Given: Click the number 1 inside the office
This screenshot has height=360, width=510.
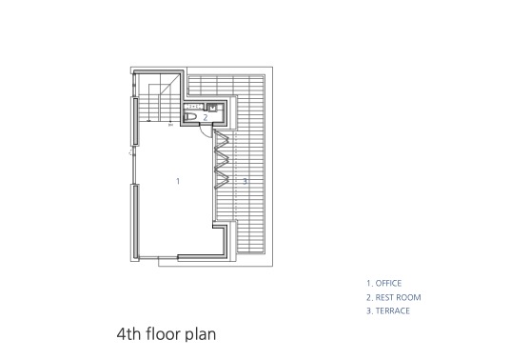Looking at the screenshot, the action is click(x=178, y=181).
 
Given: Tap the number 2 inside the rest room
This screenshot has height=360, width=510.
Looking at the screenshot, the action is click(x=206, y=117).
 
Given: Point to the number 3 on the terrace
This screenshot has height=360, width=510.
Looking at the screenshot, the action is click(x=245, y=181).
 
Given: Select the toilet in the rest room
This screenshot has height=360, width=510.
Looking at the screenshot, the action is click(x=190, y=117).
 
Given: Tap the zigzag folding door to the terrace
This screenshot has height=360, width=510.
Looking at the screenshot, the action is click(x=222, y=159).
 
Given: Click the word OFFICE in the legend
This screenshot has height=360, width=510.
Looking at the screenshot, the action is click(x=388, y=283).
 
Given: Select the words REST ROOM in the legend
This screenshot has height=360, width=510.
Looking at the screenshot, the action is click(x=398, y=297).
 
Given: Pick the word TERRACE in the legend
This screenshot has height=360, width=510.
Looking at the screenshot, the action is click(x=393, y=310).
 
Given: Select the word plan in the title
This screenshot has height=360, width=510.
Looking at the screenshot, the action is click(x=201, y=334).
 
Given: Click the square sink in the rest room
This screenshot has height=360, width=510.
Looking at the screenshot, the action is click(x=212, y=108).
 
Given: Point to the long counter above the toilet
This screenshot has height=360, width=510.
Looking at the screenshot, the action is click(x=194, y=107).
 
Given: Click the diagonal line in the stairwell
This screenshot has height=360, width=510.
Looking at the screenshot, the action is click(x=169, y=85).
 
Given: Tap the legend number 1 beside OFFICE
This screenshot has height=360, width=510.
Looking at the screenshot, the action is click(x=369, y=283).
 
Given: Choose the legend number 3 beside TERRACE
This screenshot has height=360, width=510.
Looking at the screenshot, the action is click(x=369, y=310).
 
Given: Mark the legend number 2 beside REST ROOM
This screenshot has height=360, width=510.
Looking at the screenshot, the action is click(x=369, y=297).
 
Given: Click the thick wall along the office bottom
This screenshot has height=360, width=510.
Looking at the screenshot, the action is click(x=202, y=257).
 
